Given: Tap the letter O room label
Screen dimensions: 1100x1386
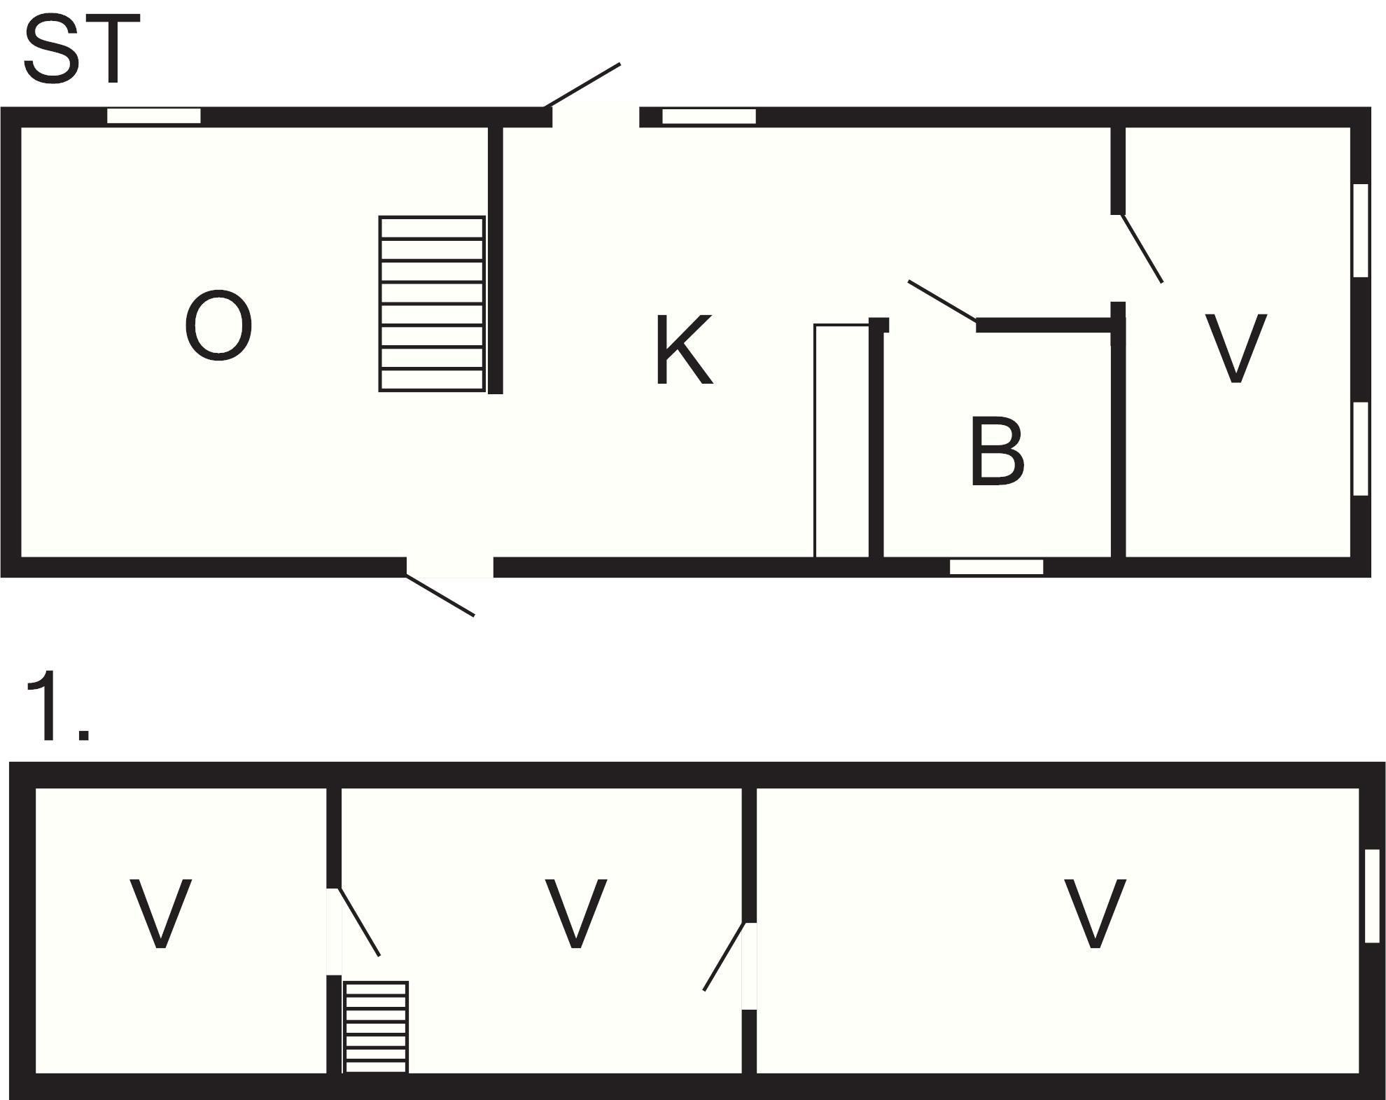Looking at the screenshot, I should [x=218, y=326].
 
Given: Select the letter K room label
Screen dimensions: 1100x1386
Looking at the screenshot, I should [x=683, y=350].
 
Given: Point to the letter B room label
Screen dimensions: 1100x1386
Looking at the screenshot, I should [x=997, y=452].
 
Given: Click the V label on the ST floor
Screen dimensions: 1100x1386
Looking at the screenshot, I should [x=1235, y=349].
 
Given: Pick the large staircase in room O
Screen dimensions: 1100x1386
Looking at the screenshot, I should [x=431, y=303].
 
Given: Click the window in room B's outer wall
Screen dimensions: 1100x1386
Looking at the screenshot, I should [x=996, y=567].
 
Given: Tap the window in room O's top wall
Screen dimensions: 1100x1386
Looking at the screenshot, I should [x=153, y=116].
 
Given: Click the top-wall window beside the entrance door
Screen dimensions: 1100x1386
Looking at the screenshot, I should [x=708, y=116].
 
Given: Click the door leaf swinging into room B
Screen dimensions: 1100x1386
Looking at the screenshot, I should [x=941, y=302].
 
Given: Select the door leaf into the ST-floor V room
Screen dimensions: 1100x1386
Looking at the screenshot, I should [x=1142, y=249].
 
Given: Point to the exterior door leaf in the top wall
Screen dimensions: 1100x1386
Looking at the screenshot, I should [x=582, y=85].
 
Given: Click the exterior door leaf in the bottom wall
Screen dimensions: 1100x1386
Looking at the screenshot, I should [x=440, y=596].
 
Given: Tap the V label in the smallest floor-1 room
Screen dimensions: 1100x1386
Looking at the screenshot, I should [x=160, y=914].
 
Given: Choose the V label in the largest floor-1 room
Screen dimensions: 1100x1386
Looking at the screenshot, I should [x=1094, y=914].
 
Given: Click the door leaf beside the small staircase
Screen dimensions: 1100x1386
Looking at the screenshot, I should [x=360, y=921].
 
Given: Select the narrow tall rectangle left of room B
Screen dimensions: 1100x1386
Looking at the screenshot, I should [x=841, y=440].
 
